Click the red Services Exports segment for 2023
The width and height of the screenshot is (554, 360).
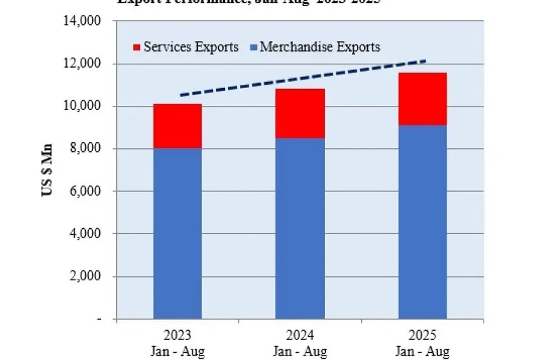pyautogui.click(x=177, y=126)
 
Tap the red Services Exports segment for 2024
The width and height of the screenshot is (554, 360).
pyautogui.click(x=300, y=113)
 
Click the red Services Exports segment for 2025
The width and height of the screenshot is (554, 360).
pyautogui.click(x=423, y=99)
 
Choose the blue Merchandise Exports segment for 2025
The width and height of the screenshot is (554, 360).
pyautogui.click(x=423, y=222)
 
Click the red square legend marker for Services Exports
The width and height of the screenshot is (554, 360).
pyautogui.click(x=137, y=47)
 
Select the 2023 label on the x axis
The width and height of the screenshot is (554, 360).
pyautogui.click(x=177, y=336)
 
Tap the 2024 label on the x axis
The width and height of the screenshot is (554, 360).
pyautogui.click(x=300, y=336)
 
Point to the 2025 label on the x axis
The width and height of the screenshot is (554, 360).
pyautogui.click(x=423, y=336)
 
